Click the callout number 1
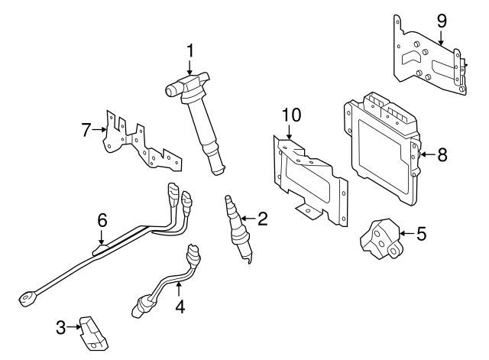[191, 52]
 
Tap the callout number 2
[262, 220]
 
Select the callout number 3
[61, 329]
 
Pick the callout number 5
[421, 233]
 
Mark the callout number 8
[442, 154]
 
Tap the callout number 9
[441, 21]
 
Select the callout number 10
[291, 115]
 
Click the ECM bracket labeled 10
[309, 180]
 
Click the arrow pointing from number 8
[425, 154]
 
